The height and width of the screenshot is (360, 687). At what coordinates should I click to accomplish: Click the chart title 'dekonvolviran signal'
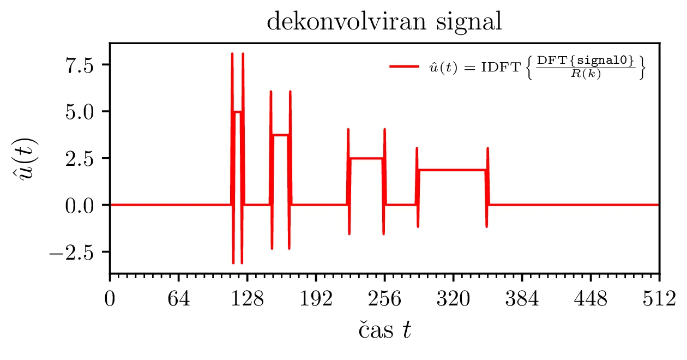click(x=384, y=22)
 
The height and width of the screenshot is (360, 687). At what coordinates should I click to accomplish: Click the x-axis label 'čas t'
click(x=384, y=331)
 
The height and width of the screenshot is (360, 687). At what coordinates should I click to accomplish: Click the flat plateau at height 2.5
click(x=366, y=158)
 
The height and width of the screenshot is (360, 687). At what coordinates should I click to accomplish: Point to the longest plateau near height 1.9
click(x=452, y=170)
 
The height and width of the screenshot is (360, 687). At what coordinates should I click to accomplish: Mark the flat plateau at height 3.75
click(x=280, y=135)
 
